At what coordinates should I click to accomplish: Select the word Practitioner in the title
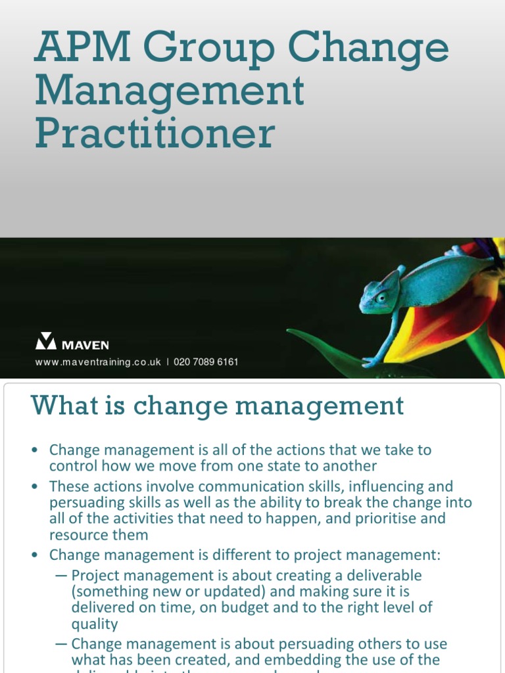point(155,133)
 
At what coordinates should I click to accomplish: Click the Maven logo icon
point(45,340)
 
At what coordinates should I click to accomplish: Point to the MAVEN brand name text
point(85,345)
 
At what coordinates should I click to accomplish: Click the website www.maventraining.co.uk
point(98,362)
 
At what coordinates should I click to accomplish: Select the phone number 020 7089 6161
point(206,362)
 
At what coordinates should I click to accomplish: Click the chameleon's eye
point(381,297)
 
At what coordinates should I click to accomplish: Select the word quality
point(95,624)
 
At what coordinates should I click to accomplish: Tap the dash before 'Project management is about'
point(61,575)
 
